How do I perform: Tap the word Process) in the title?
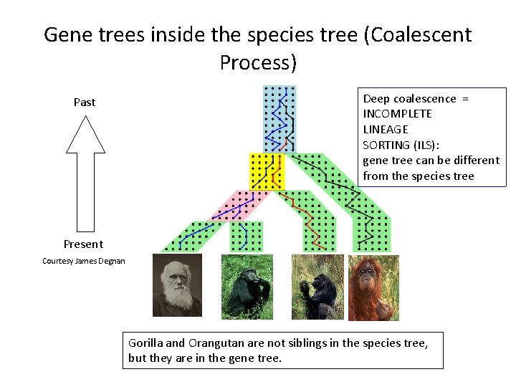pyautogui.click(x=258, y=63)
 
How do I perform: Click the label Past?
pyautogui.click(x=85, y=102)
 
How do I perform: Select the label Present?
pyautogui.click(x=83, y=244)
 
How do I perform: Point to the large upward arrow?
pyautogui.click(x=85, y=172)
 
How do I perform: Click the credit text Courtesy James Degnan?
pyautogui.click(x=84, y=261)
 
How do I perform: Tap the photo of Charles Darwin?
pyautogui.click(x=178, y=285)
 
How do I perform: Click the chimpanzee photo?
pyautogui.click(x=247, y=287)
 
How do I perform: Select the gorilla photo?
pyautogui.click(x=317, y=287)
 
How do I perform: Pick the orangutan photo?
pyautogui.click(x=373, y=287)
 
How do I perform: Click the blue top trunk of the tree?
pyautogui.click(x=279, y=118)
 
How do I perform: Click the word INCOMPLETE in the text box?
pyautogui.click(x=397, y=114)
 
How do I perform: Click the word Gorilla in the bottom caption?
pyautogui.click(x=145, y=343)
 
